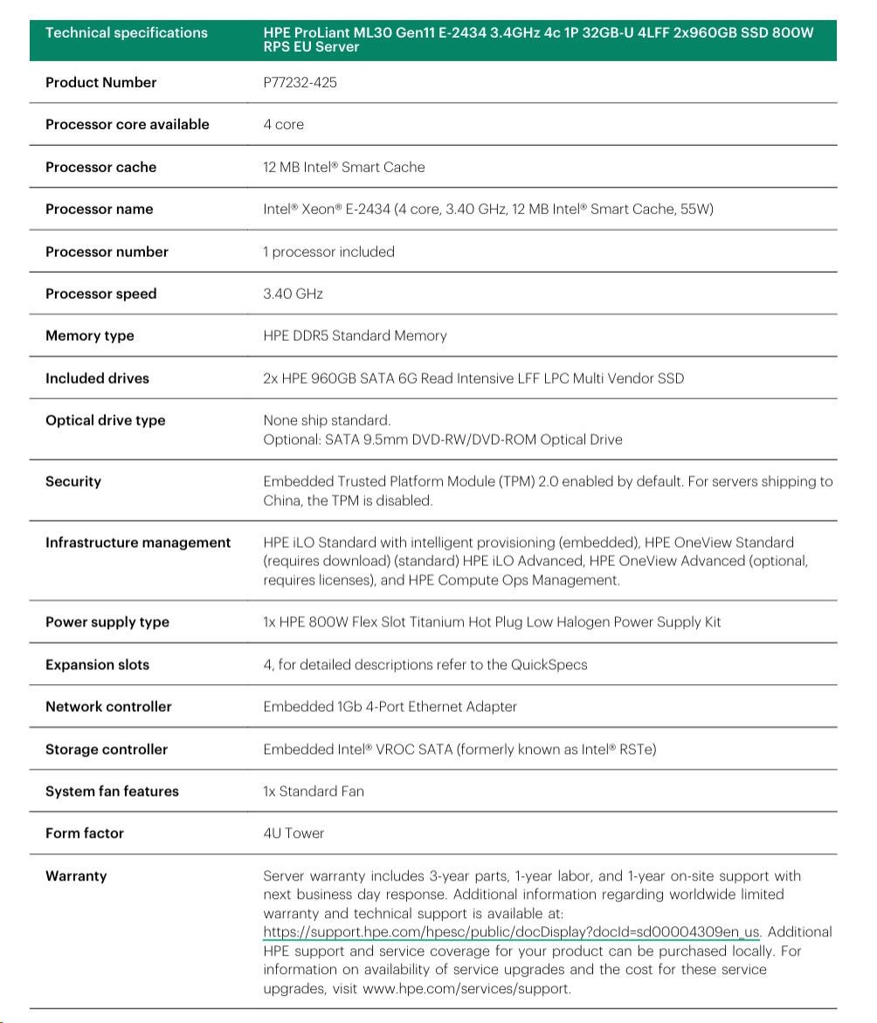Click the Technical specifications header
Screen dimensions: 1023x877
[x=127, y=33]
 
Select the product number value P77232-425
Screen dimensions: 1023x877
[x=300, y=83]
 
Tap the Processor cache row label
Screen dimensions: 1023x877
[x=100, y=167]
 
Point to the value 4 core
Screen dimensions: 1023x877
[x=284, y=125]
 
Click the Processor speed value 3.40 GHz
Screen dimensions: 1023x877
[x=293, y=294]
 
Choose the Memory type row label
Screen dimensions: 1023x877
[x=90, y=336]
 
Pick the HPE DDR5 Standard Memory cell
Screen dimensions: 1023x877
[x=355, y=336]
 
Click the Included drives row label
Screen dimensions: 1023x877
[x=97, y=378]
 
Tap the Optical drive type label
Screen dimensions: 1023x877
[x=105, y=420]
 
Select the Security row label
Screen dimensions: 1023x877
[x=73, y=481]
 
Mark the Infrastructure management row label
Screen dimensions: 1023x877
[x=138, y=543]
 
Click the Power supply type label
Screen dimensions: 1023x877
[x=107, y=622]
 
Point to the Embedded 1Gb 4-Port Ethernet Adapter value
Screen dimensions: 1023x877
[x=390, y=707]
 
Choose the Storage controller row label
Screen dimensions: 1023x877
[x=107, y=750]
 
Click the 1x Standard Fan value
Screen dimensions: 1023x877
[x=314, y=791]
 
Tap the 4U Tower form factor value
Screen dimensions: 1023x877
[x=293, y=833]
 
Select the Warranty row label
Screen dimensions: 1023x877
[x=76, y=875]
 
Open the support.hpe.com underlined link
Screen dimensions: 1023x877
[x=511, y=932]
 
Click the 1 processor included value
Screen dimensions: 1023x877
[x=328, y=252]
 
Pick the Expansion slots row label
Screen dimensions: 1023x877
[x=97, y=665]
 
